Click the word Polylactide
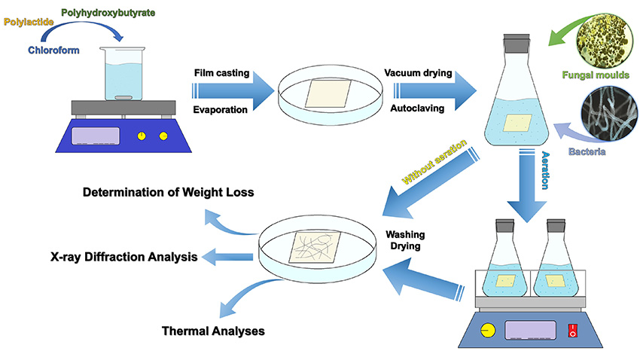[x=28, y=23]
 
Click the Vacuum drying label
[x=418, y=74]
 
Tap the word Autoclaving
[x=416, y=108]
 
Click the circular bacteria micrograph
[x=608, y=113]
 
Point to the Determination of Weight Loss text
[x=168, y=193]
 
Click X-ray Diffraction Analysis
[x=124, y=257]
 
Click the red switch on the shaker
[x=573, y=330]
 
